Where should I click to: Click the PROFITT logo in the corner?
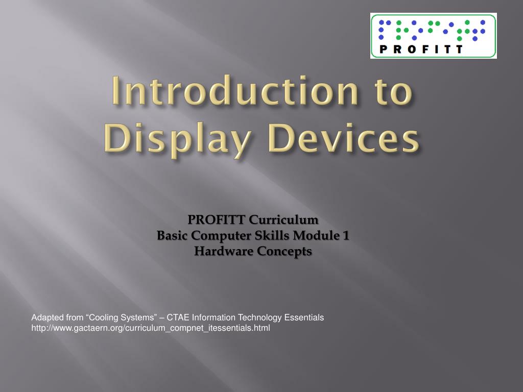pos(433,36)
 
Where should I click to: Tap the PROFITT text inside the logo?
pos(421,50)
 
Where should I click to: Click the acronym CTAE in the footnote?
pos(179,317)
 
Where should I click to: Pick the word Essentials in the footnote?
pos(304,317)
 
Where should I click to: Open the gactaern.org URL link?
pos(151,328)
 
